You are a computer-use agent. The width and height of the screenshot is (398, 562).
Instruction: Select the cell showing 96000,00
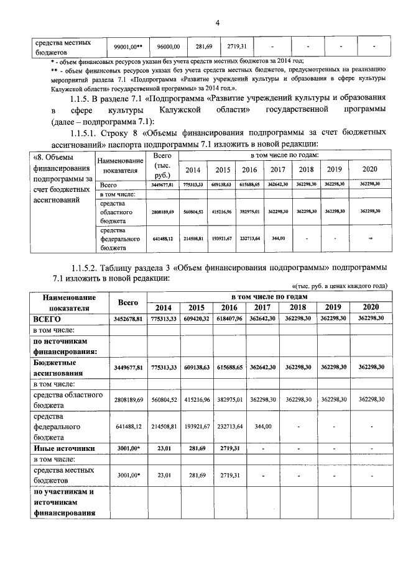click(x=168, y=47)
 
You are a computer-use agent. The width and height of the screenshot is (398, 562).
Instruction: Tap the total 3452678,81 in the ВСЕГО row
click(x=128, y=318)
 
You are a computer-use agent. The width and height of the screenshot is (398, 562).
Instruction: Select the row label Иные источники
click(x=65, y=447)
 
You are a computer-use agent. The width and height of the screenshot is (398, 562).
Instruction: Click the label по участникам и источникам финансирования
click(x=64, y=503)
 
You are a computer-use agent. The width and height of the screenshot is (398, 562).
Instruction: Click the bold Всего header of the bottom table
click(x=128, y=302)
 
